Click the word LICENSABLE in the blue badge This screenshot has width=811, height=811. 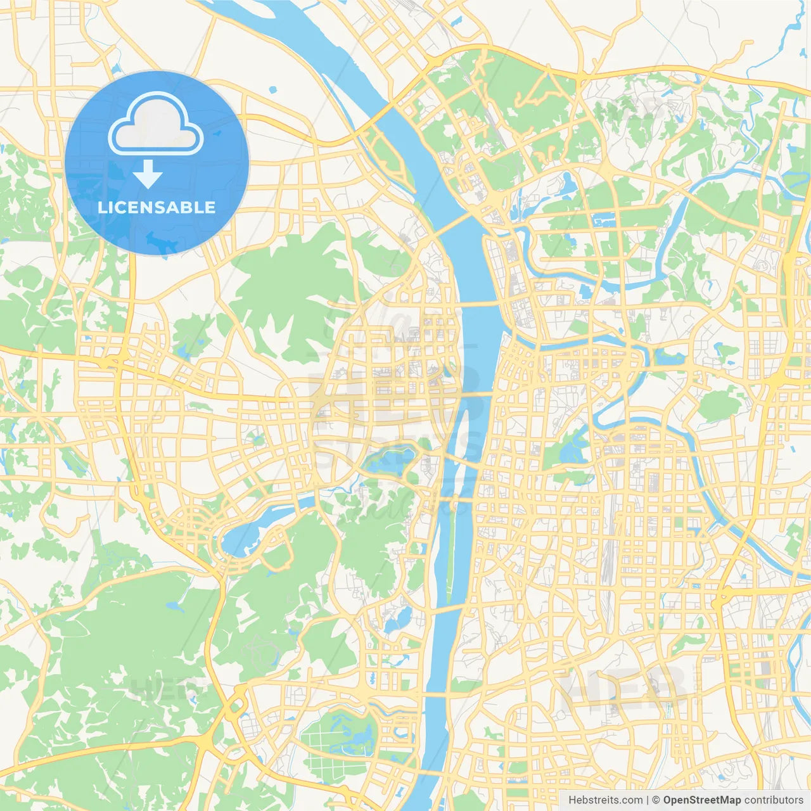156,207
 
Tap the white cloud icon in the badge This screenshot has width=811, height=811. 156,124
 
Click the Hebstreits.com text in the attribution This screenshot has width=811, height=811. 605,800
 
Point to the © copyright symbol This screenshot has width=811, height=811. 656,800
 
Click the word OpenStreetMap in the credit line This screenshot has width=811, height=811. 702,800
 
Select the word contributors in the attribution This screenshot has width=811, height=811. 774,800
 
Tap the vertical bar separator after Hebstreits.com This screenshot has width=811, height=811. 648,800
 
